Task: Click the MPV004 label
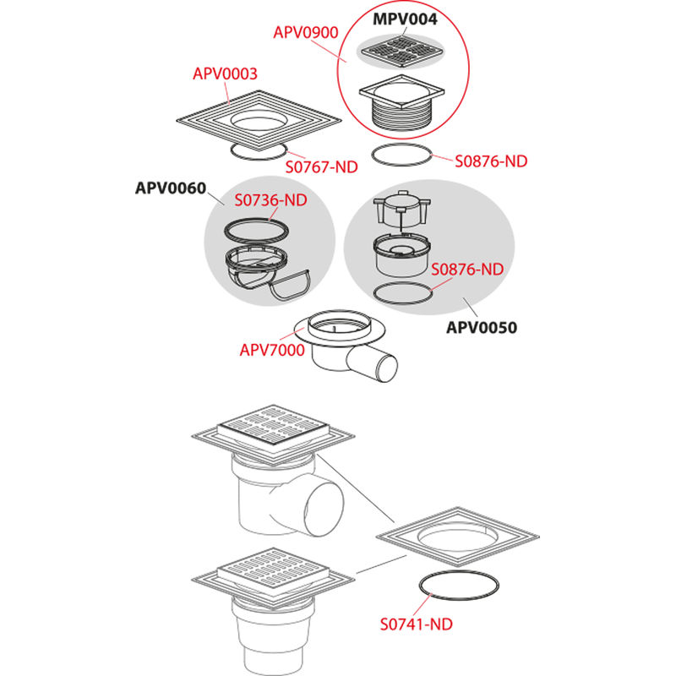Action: (x=405, y=19)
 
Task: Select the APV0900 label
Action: (x=306, y=33)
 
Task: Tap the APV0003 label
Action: (x=225, y=74)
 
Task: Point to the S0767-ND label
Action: (x=322, y=166)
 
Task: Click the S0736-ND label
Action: (x=270, y=200)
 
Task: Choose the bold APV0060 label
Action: (x=171, y=188)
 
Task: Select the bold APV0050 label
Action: (x=482, y=327)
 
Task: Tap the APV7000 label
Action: (x=272, y=350)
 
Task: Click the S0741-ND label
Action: (x=416, y=624)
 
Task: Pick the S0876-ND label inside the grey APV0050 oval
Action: (x=467, y=270)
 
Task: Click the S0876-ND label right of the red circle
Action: (x=491, y=161)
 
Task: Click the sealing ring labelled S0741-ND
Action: (x=459, y=585)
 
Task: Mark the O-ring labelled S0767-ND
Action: (x=259, y=151)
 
